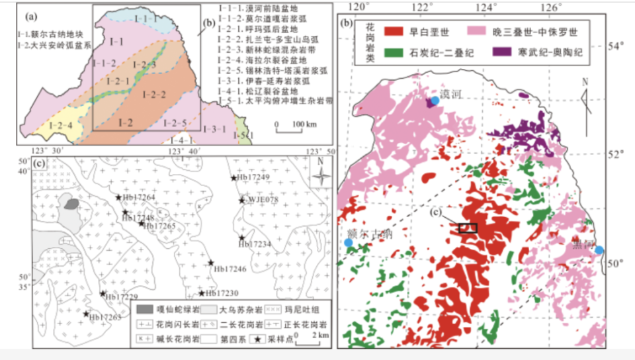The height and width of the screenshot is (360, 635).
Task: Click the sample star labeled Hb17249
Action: coord(233,177)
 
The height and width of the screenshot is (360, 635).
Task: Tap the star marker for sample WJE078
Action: coord(241,200)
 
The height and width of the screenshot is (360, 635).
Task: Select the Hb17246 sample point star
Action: coord(211,263)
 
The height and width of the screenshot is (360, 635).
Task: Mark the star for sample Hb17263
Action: coord(86,314)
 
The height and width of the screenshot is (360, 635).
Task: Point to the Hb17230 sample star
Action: coord(202,293)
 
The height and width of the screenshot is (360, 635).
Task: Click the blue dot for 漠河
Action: coord(435,101)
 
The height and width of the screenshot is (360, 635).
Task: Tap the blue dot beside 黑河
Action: coord(599,250)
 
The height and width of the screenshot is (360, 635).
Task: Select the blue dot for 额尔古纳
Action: coord(349,244)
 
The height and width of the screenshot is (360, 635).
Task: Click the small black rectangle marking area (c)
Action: coord(467,228)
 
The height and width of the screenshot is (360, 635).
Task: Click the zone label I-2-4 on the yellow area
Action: coord(50,124)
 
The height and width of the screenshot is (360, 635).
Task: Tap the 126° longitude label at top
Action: coord(550,7)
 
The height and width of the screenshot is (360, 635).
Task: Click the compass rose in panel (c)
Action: coord(320,176)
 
